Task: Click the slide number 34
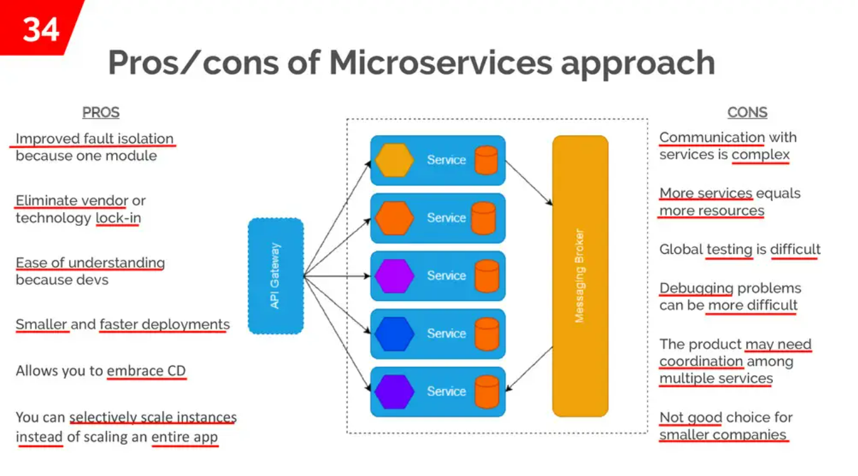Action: coord(41,29)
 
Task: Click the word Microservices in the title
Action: coord(441,62)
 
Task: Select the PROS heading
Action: coord(101,112)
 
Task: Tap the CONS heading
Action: coord(747,112)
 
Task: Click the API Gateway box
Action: coord(276,276)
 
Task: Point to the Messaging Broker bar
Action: coord(580,276)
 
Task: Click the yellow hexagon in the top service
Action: coord(394,160)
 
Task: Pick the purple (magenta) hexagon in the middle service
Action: coord(394,276)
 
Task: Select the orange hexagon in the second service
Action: coord(394,218)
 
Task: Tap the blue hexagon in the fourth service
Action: coord(394,334)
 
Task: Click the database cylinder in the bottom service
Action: coord(487,392)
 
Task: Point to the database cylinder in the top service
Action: coord(486,160)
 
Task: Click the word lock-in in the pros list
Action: coord(118,218)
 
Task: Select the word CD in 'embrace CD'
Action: coord(177,371)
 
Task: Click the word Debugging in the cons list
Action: coord(696,289)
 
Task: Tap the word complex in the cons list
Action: coord(761,155)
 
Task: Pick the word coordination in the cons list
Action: coord(701,361)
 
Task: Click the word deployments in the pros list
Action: coord(186,325)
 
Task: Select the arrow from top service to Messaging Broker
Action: coord(529,183)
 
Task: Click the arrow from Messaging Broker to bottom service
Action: coord(529,369)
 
